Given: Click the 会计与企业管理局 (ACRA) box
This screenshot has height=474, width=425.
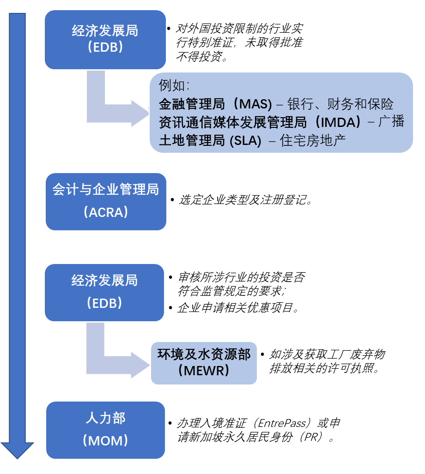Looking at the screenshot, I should coord(105,202).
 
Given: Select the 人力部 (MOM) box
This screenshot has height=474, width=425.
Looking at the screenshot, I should coord(105,430).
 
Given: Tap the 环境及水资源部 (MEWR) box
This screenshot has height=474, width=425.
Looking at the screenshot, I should coord(204,363).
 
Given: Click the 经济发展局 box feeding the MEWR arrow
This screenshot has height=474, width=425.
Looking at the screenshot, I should coord(104,292).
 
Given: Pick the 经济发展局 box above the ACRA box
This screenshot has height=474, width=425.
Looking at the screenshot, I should coord(105,40).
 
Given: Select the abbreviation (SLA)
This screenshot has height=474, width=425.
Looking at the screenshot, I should coord(245,141).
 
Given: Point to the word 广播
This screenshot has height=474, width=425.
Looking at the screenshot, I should coord(391,122).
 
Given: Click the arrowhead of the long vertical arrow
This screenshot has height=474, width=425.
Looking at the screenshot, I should coord(17,450).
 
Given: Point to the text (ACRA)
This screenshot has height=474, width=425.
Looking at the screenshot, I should coord(105,212).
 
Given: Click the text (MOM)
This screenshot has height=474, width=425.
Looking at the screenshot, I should coord(105,441).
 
